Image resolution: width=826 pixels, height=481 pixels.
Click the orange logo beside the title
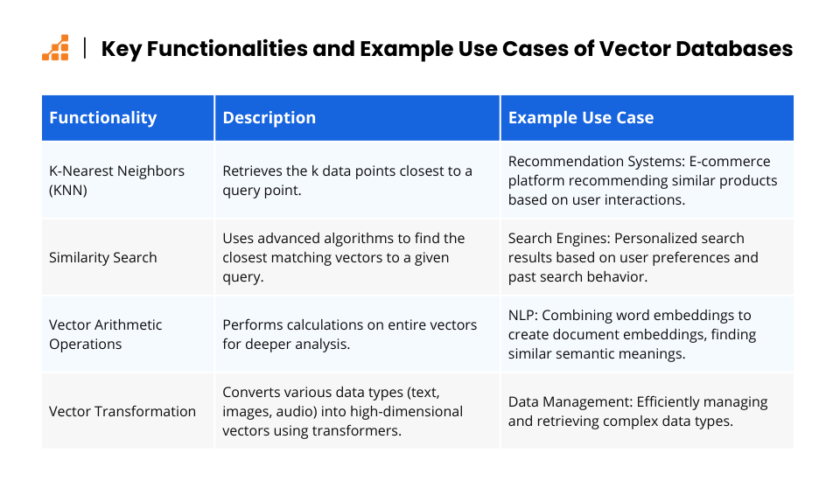55,48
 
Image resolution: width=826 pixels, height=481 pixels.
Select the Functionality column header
102,117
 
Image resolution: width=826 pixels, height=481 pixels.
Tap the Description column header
269,117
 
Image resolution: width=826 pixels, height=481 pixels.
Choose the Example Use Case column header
581,117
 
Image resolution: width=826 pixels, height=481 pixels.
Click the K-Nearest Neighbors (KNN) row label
116,180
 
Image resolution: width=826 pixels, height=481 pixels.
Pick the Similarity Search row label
102,257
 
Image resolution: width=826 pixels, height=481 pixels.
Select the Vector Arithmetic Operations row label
105,334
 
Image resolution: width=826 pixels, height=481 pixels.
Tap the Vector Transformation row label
122,411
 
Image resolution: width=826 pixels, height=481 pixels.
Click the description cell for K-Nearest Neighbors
347,180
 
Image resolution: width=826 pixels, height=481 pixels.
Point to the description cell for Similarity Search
344,257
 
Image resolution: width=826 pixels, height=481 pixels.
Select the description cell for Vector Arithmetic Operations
350,334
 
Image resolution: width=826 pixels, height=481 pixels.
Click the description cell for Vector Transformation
342,411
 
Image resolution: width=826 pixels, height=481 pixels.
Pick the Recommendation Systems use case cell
642,180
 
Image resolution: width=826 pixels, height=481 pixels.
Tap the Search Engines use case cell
633,257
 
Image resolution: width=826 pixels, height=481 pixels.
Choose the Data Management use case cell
638,411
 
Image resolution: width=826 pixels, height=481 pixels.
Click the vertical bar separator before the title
85,48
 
